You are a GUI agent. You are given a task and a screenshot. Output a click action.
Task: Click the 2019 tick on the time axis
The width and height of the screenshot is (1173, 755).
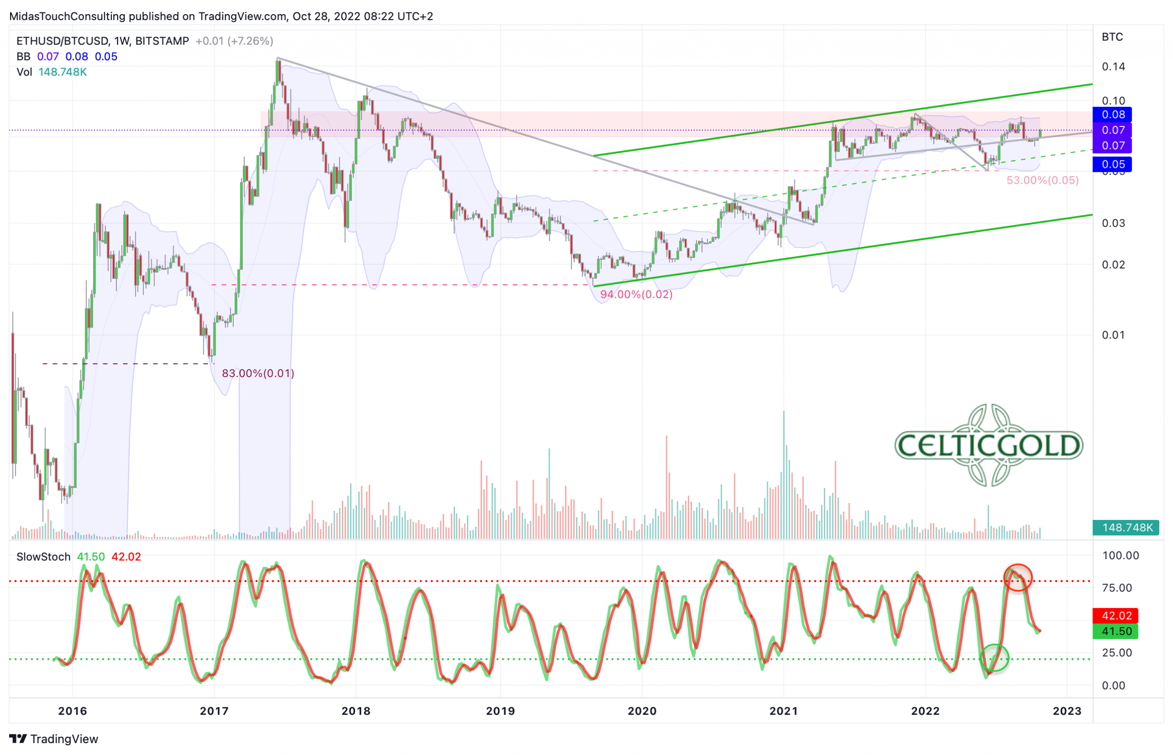pos(500,711)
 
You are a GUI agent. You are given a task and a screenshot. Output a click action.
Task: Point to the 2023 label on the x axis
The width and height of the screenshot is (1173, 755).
pos(1067,711)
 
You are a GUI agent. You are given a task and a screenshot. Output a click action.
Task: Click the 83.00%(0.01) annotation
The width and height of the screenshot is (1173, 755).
pos(258,373)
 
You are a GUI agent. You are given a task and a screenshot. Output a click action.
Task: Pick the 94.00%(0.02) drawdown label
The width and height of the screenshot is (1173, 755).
pos(636,295)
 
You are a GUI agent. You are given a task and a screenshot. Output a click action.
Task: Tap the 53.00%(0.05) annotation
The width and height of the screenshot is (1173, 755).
pos(1042,181)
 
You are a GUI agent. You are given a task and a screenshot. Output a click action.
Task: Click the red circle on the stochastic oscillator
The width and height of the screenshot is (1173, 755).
pos(1018,578)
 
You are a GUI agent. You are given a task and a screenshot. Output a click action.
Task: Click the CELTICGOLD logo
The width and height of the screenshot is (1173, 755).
pos(988,445)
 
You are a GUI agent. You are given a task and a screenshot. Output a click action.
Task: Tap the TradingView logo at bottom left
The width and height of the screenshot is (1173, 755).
pos(54,739)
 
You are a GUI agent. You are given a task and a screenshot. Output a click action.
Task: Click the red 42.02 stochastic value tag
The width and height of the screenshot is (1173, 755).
pos(1116,616)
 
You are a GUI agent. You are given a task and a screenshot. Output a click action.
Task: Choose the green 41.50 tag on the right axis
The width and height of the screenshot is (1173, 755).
pos(1116,631)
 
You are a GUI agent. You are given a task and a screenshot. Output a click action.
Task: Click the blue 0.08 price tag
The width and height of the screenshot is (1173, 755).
pos(1113,115)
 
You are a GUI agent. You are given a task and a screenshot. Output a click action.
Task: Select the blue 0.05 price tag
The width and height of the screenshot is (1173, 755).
pos(1113,164)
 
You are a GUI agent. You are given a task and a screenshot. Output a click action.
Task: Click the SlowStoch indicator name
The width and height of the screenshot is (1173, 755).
pos(43,557)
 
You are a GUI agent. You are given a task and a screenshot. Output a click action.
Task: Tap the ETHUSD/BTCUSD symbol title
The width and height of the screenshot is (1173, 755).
pos(61,41)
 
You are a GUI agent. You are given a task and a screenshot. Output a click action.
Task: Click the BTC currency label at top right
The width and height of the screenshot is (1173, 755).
pos(1112,37)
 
